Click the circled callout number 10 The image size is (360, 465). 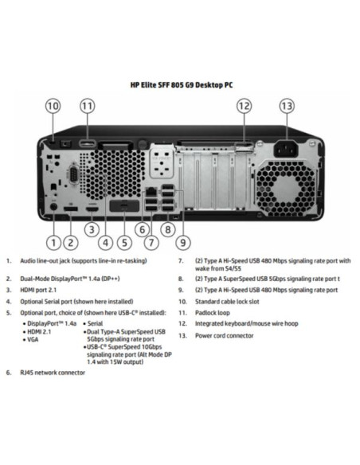pyautogui.click(x=53, y=106)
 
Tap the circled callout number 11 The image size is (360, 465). pyautogui.click(x=88, y=106)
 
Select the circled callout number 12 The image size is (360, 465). pyautogui.click(x=244, y=106)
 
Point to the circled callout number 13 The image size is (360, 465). pyautogui.click(x=287, y=106)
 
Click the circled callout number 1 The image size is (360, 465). pyautogui.click(x=53, y=243)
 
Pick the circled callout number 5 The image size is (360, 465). pyautogui.click(x=124, y=243)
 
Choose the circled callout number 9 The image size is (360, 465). pyautogui.click(x=183, y=243)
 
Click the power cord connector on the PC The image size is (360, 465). pyautogui.click(x=285, y=149)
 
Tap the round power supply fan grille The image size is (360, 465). pyautogui.click(x=285, y=190)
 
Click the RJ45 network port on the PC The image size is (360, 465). pyautogui.click(x=151, y=191)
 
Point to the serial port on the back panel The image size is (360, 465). pyautogui.click(x=73, y=174)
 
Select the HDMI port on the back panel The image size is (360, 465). pyautogui.click(x=92, y=209)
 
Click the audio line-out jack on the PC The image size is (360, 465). pyautogui.click(x=53, y=207)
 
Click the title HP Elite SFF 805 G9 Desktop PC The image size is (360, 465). pyautogui.click(x=182, y=85)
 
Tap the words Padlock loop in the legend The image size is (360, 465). pyautogui.click(x=213, y=313)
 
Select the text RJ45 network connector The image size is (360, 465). pyautogui.click(x=53, y=373)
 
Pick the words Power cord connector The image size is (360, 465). pyautogui.click(x=224, y=336)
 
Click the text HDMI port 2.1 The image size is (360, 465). pyautogui.click(x=38, y=290)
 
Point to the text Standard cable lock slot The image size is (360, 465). pyautogui.click(x=227, y=302)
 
